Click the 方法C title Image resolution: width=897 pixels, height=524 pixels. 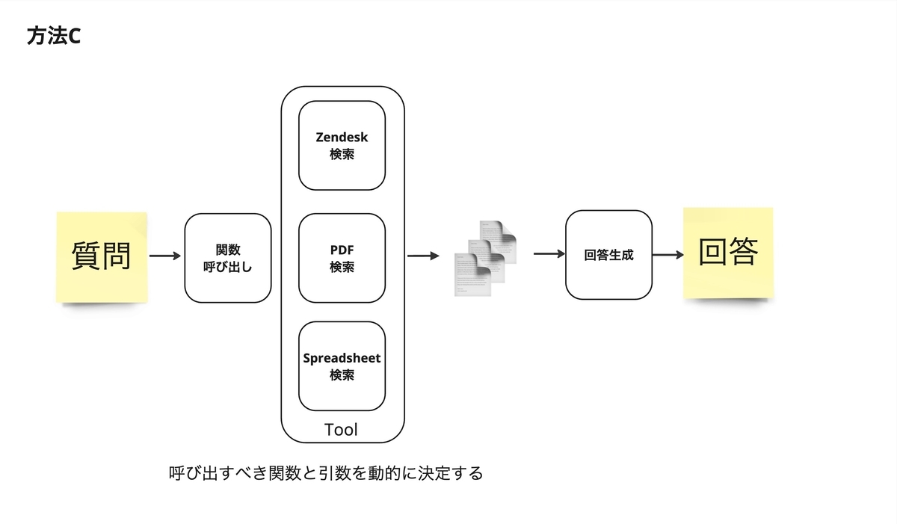coord(54,36)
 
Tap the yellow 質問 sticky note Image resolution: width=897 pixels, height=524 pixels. coord(102,257)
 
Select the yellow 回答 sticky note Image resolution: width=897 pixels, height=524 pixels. coord(728,253)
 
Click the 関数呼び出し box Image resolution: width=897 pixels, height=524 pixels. coord(228,258)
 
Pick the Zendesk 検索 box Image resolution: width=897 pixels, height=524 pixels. coord(342,145)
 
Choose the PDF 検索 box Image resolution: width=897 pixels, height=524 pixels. coord(342,258)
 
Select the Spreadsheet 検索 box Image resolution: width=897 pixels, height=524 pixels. coord(342,366)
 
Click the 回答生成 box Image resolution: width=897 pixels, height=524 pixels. coord(608,255)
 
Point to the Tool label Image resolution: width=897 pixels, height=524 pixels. coord(341,430)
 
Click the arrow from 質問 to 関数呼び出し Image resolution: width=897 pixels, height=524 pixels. coord(165,256)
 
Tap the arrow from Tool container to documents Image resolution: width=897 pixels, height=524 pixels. coord(423,256)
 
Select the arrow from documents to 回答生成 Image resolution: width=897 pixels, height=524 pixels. coord(549,253)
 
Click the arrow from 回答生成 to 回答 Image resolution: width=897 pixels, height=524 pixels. coord(668,255)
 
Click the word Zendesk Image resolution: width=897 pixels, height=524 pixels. coord(342,137)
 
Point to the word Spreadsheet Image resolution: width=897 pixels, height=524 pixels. coord(342,358)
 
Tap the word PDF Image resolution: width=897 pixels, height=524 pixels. coord(342,250)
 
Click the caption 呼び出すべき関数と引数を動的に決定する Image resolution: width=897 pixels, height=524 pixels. coord(326,472)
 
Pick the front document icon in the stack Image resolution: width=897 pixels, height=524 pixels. coord(472,275)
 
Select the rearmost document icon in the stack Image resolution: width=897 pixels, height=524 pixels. coord(499,241)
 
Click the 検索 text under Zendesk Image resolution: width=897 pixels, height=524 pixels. coord(342,154)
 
